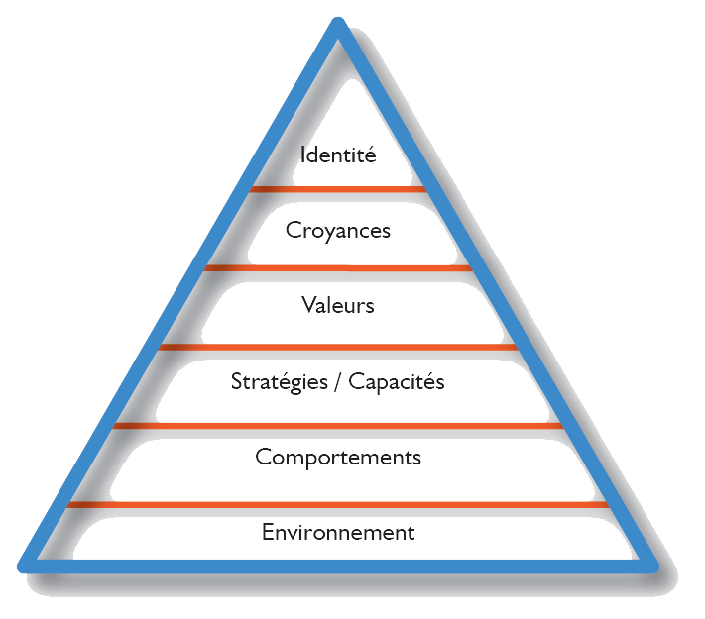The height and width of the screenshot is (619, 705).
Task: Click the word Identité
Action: point(338,155)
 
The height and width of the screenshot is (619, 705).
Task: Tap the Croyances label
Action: point(338,232)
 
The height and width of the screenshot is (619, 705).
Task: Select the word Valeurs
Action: point(338,305)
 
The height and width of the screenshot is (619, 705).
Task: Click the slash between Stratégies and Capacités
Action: point(339,382)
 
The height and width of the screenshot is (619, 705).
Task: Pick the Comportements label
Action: point(338,458)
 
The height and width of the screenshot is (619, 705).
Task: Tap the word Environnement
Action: point(338,533)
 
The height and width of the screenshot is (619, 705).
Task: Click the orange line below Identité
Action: point(338,189)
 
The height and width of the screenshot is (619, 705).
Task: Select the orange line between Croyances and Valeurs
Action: point(338,267)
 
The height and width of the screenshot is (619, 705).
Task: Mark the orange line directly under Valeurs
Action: point(338,346)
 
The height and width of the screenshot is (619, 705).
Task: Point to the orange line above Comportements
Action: point(338,425)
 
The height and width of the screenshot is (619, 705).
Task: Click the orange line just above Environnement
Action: point(338,504)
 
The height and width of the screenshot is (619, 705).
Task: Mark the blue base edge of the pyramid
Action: point(338,565)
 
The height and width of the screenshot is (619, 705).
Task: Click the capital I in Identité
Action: point(302,155)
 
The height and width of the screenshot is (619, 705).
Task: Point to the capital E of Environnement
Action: point(267,533)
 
